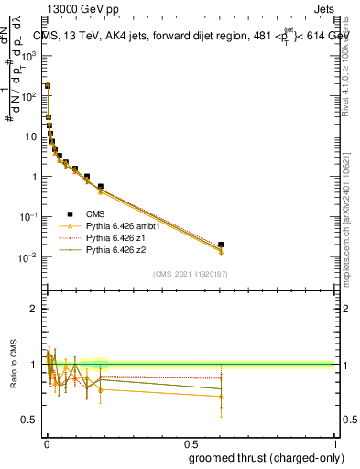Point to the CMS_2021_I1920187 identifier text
click(x=190, y=274)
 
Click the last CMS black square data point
click(x=221, y=245)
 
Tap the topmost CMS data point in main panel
click(x=48, y=86)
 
